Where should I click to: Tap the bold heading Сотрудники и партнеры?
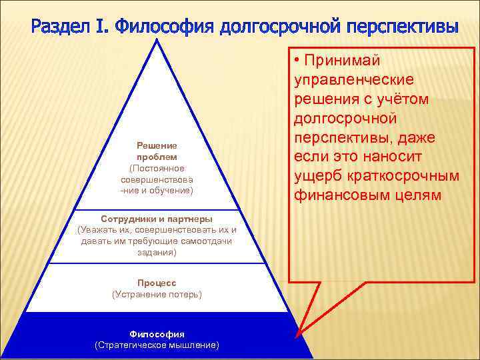click(157, 219)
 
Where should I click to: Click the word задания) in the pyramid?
click(157, 252)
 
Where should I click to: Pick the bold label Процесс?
click(157, 283)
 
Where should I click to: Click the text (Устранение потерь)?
click(157, 293)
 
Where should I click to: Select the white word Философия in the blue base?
click(157, 333)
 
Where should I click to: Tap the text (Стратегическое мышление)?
click(157, 345)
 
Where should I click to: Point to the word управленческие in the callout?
click(353, 80)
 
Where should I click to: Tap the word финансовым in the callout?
click(332, 195)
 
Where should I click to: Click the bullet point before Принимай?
click(297, 61)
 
